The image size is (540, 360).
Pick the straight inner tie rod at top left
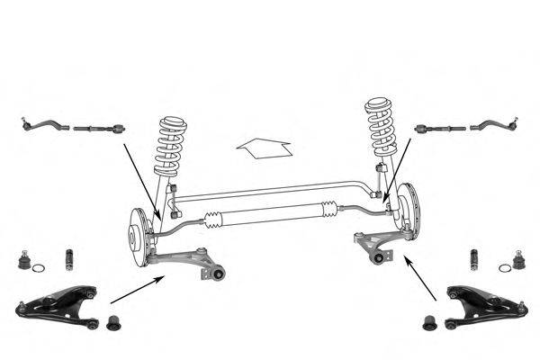click(x=97, y=128)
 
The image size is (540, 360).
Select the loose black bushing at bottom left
click(x=113, y=322)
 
